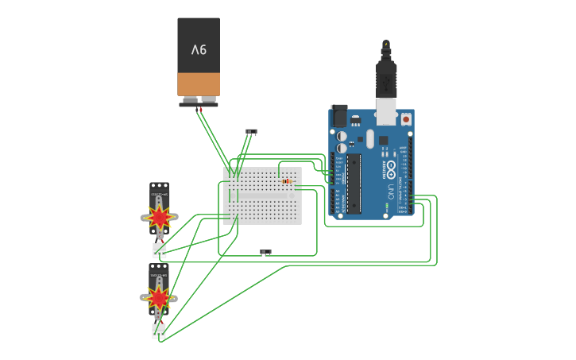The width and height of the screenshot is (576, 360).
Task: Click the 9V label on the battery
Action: pyautogui.click(x=199, y=49)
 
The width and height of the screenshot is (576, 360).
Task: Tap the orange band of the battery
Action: pyautogui.click(x=199, y=84)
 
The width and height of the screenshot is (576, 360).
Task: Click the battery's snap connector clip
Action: pyautogui.click(x=199, y=103)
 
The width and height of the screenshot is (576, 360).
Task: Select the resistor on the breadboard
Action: pyautogui.click(x=286, y=181)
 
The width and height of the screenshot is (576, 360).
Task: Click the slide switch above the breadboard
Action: pyautogui.click(x=251, y=131)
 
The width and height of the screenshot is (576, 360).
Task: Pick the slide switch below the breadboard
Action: pyautogui.click(x=265, y=252)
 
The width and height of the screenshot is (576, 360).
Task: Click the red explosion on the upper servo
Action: pyautogui.click(x=160, y=216)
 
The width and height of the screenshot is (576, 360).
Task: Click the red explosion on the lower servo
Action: pyautogui.click(x=159, y=298)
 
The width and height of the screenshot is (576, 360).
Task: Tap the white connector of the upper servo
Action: pyautogui.click(x=159, y=250)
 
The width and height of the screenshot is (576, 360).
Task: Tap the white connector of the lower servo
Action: pyautogui.click(x=159, y=331)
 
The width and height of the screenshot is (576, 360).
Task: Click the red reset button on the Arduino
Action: pyautogui.click(x=406, y=119)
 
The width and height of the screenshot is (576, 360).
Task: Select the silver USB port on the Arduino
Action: pyautogui.click(x=387, y=113)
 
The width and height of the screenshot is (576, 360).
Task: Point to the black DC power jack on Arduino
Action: pyautogui.click(x=339, y=116)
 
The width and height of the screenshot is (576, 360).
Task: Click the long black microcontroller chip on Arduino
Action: pyautogui.click(x=354, y=184)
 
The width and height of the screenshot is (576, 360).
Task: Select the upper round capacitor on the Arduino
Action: pyautogui.click(x=342, y=136)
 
